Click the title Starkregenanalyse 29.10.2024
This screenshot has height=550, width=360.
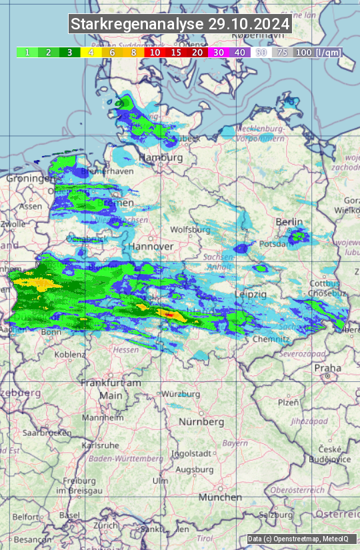click(180, 24)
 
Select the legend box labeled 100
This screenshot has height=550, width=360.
click(303, 52)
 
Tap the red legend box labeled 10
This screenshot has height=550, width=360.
click(155, 52)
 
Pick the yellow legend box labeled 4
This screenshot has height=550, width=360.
click(91, 52)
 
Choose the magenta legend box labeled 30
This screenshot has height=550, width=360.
click(219, 52)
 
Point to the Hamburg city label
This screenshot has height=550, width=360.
click(161, 157)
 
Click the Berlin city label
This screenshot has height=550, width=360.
click(289, 222)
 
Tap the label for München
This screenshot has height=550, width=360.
click(220, 497)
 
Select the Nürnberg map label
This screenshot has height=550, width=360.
click(201, 422)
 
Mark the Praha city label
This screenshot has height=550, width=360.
click(328, 368)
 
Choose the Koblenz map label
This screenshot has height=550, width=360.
click(70, 355)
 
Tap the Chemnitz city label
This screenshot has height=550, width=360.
click(271, 339)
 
